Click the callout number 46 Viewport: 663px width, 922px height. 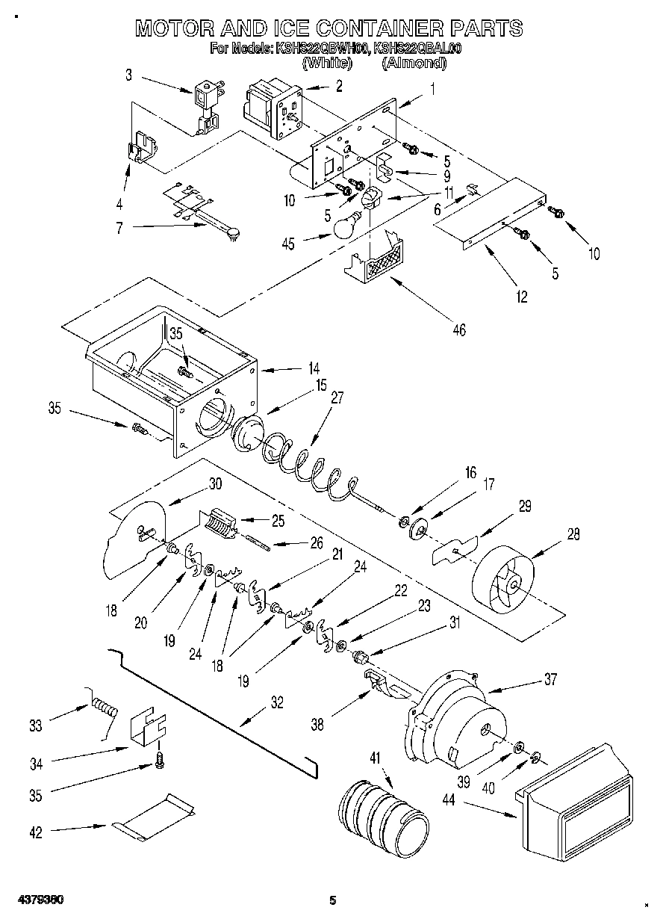(x=458, y=329)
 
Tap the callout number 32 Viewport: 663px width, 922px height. (x=276, y=702)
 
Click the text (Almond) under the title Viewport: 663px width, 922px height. (x=414, y=64)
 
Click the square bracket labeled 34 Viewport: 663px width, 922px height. (x=149, y=725)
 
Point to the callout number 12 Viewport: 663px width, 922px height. (x=520, y=297)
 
